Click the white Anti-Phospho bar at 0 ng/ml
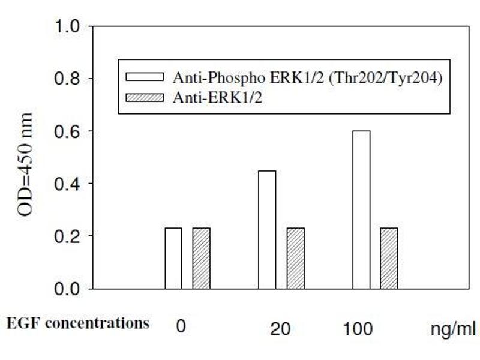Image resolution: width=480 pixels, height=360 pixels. coord(173,258)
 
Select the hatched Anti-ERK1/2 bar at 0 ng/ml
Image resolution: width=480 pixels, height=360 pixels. coord(201,258)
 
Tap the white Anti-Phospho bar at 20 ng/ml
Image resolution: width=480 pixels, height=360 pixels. coord(267,230)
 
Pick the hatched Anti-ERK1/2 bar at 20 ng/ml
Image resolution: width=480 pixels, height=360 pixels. coord(295,258)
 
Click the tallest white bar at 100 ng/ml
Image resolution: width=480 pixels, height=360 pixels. coord(361,209)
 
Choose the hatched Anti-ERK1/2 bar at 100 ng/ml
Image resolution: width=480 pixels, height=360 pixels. coord(389,258)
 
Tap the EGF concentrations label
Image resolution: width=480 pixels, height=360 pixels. coord(78,323)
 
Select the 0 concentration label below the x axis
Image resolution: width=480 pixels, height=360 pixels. coord(180,328)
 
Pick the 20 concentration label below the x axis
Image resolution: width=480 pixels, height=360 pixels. coord(281,329)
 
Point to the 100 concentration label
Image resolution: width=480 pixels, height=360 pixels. coord(358,329)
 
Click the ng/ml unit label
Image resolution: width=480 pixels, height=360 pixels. coord(454,329)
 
